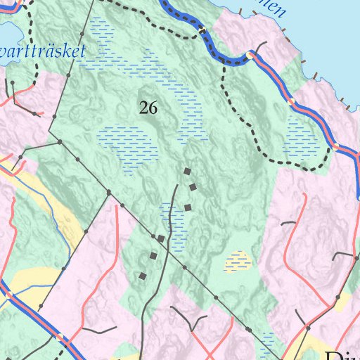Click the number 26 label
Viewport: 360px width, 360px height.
tap(148, 108)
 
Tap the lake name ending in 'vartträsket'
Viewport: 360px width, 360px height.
tap(44, 51)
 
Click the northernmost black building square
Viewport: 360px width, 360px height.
tap(187, 171)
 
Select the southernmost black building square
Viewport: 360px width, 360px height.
tap(143, 276)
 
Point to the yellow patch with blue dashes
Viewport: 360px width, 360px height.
tap(238, 262)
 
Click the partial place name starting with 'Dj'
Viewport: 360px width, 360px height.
tap(342, 354)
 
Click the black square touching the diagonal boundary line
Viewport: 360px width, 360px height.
tap(161, 239)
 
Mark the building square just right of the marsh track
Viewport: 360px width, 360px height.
tap(187, 207)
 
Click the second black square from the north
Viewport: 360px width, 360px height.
tap(193, 187)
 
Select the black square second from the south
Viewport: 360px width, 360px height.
tap(153, 256)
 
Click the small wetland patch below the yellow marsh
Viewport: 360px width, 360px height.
tap(268, 338)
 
